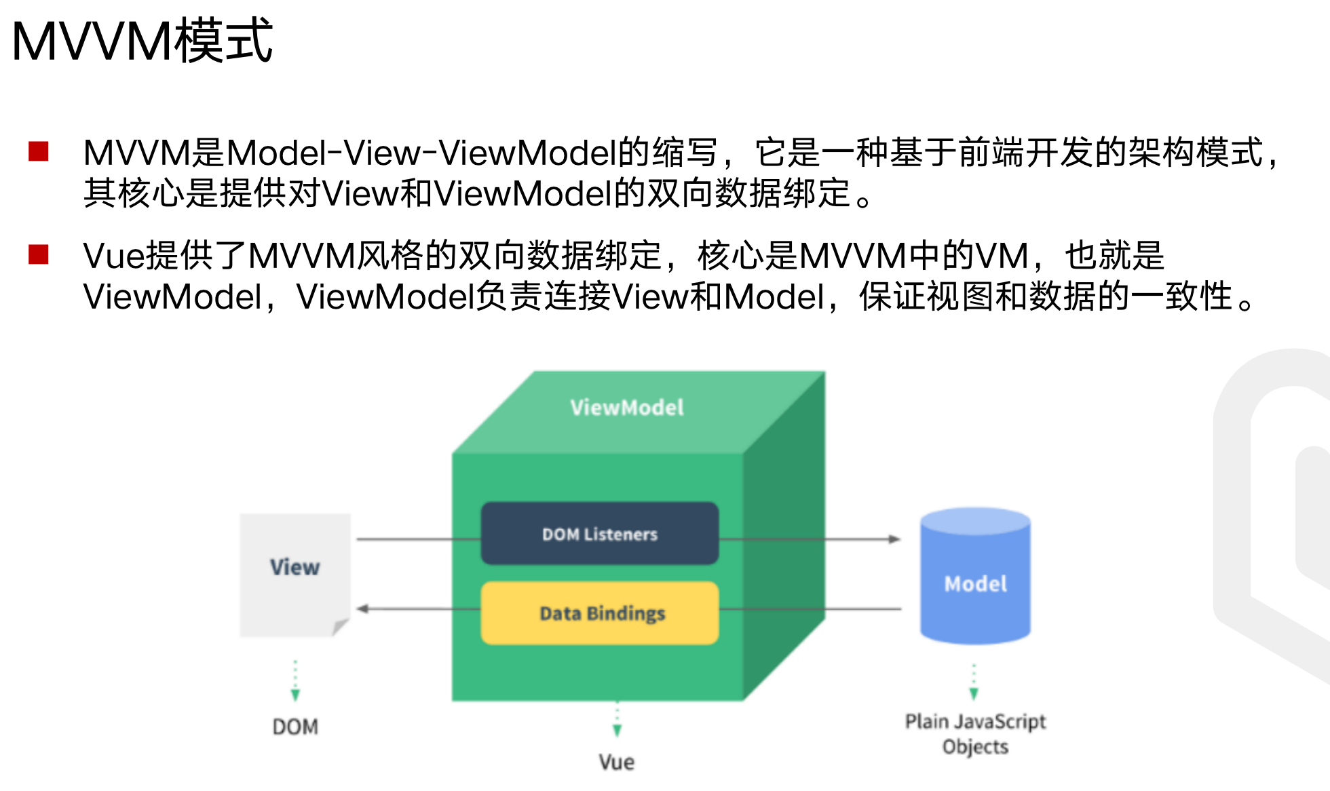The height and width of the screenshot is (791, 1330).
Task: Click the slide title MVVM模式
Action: point(142,41)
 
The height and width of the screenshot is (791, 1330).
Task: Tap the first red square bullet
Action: point(39,151)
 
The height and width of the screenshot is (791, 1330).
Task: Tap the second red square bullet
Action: point(39,254)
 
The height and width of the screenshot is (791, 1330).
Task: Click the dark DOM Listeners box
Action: point(600,534)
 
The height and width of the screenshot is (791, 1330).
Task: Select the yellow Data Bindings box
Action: point(600,613)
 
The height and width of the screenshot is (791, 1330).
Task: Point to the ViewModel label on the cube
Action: point(627,407)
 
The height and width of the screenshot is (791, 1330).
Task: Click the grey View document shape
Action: point(295,573)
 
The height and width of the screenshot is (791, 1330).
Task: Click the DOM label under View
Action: point(295,727)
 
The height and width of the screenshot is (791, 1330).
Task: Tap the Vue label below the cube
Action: point(617,762)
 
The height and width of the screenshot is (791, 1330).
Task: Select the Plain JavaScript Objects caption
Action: point(975,733)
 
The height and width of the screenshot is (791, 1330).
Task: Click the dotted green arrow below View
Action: point(295,680)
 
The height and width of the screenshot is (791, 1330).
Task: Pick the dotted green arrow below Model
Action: point(974,682)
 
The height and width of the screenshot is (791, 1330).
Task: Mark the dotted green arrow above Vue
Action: point(617,720)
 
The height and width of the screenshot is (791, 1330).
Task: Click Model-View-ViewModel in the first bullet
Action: point(421,153)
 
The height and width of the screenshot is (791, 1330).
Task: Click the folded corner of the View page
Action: point(341,627)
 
